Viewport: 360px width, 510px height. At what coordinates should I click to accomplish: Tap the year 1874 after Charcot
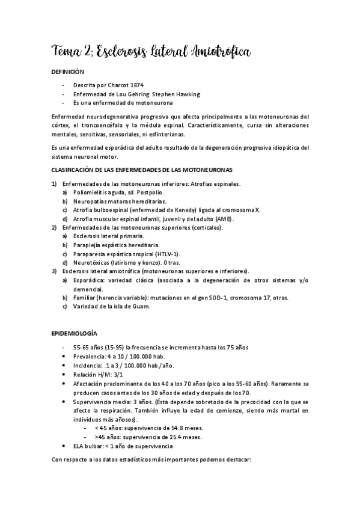(x=136, y=85)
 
